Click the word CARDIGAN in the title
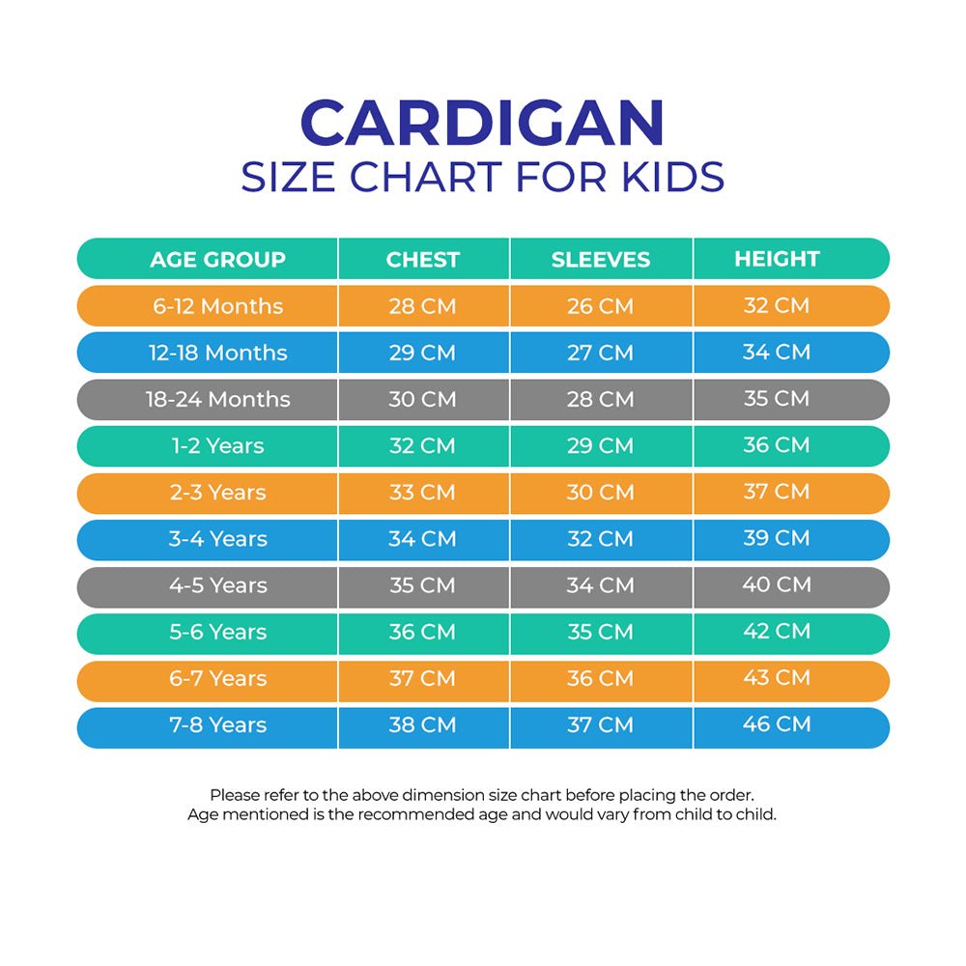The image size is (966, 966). [482, 125]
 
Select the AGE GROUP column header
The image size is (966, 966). [217, 259]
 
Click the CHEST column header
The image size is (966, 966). [422, 259]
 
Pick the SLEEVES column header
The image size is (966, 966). [600, 259]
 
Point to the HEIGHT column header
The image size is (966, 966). [776, 258]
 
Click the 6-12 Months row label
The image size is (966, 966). [217, 306]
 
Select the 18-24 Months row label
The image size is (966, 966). [217, 399]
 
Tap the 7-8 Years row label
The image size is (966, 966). [217, 724]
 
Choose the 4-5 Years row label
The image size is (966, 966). [217, 585]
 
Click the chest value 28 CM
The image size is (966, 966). [422, 306]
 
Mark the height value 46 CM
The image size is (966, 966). [776, 724]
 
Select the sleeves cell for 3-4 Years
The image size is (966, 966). [600, 539]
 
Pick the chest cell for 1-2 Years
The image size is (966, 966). [422, 445]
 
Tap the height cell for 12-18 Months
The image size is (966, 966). [776, 352]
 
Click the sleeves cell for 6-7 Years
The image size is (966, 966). [600, 678]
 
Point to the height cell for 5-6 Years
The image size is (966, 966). [776, 631]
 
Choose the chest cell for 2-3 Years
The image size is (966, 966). [422, 492]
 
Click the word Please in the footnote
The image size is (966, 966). [236, 795]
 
